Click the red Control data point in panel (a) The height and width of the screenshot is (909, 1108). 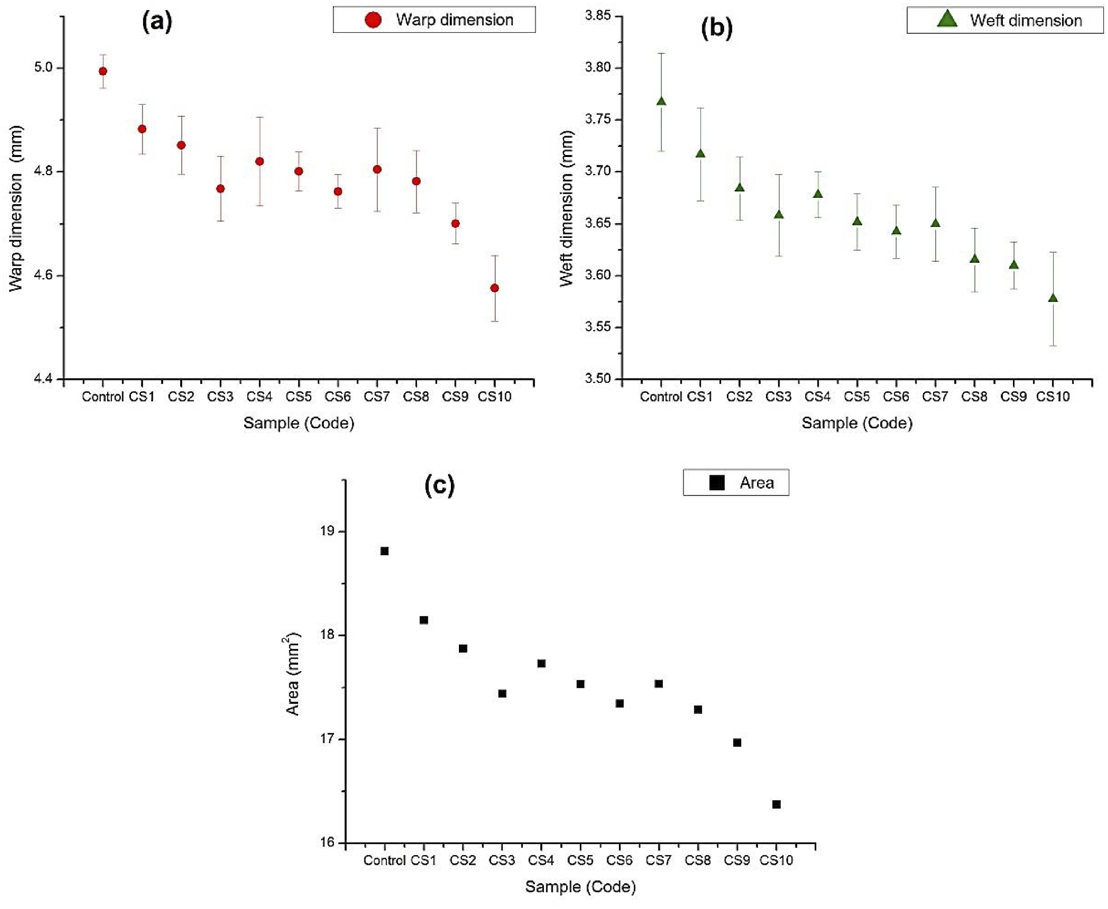(x=103, y=71)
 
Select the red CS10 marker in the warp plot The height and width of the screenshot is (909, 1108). (x=494, y=288)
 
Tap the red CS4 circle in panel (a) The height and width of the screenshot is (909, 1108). (x=259, y=161)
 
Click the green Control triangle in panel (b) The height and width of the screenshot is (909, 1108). (x=662, y=101)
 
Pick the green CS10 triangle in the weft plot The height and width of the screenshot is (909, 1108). (x=1053, y=298)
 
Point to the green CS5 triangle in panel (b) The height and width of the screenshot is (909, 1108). (x=857, y=221)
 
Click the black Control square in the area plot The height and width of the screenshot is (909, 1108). (x=385, y=551)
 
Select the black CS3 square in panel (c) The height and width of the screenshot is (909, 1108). (x=502, y=693)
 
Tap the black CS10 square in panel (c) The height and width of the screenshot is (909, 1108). (x=777, y=804)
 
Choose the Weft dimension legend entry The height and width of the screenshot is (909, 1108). (x=1005, y=21)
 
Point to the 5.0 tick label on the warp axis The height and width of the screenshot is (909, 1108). (x=44, y=68)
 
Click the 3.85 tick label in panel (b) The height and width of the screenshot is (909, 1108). (x=598, y=16)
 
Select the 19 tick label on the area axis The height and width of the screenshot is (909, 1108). (x=326, y=531)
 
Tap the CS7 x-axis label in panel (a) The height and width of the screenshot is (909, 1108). (x=377, y=397)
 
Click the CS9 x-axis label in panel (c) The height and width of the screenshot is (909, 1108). (x=737, y=860)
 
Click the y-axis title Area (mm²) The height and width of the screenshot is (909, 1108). (x=293, y=675)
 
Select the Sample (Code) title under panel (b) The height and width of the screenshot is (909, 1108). (x=857, y=423)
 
